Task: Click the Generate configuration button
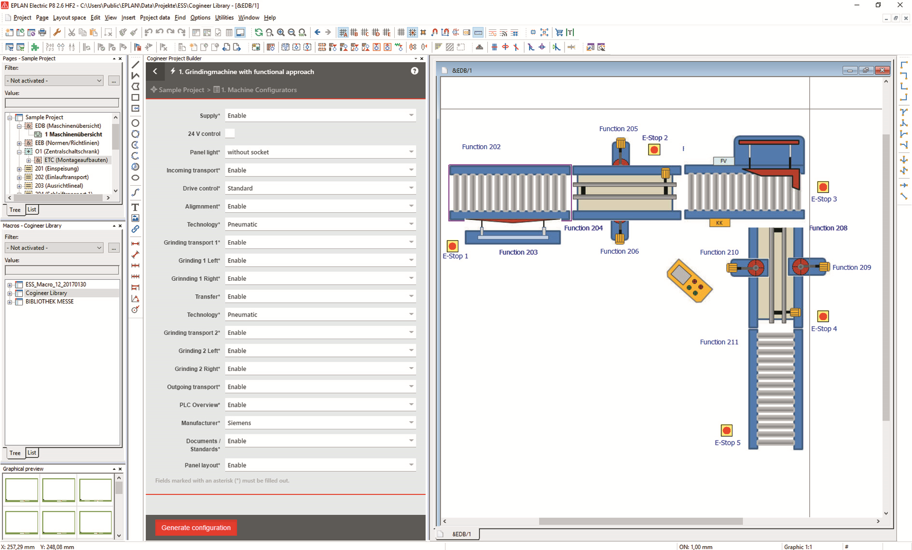[x=196, y=527]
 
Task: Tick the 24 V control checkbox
[x=230, y=134]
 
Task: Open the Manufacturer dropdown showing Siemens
[x=320, y=423]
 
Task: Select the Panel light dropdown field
[x=320, y=152]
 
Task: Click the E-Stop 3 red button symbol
[x=823, y=187]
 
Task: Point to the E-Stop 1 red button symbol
[x=452, y=246]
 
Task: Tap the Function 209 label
[x=851, y=267]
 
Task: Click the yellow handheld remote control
[x=689, y=281]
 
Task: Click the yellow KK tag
[x=719, y=223]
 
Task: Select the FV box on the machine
[x=723, y=161]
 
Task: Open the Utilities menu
[x=224, y=17]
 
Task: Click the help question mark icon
[x=415, y=71]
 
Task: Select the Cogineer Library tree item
[x=46, y=293]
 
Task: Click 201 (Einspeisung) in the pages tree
[x=56, y=168]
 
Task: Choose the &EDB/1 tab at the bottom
[x=461, y=534]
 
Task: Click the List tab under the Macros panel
[x=32, y=453]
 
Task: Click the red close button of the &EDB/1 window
[x=883, y=70]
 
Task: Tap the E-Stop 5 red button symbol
[x=726, y=430]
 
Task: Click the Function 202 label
[x=481, y=147]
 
